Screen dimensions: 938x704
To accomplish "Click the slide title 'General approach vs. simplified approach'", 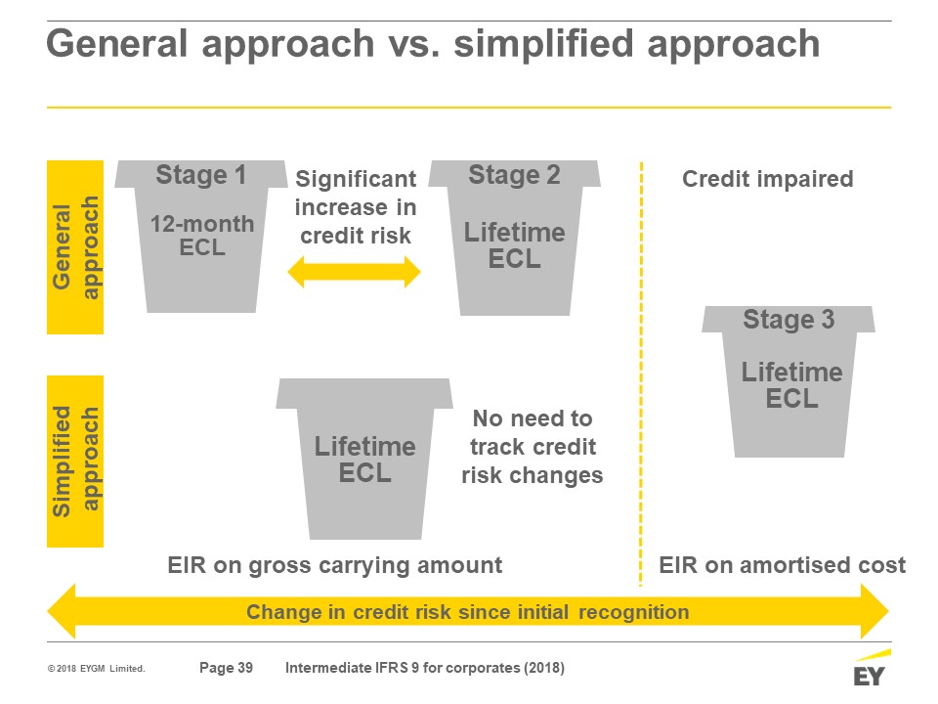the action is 433,44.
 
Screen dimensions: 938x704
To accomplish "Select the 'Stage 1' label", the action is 201,175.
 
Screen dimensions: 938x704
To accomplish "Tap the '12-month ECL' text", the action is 202,236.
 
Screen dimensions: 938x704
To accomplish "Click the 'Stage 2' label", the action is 515,175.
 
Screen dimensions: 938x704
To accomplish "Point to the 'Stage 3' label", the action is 789,319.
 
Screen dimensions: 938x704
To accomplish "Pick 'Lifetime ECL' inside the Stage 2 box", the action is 515,245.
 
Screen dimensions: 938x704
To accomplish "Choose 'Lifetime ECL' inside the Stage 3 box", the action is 792,385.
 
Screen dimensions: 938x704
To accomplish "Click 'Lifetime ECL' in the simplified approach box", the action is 364,460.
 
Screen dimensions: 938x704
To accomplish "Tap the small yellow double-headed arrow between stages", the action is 354,272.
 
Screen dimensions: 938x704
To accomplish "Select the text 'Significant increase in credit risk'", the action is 356,207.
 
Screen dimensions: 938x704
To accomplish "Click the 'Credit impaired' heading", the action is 768,178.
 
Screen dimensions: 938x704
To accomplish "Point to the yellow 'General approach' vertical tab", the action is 75,247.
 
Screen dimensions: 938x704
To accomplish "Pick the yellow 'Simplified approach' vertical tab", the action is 75,461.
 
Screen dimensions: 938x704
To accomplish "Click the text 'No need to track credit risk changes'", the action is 533,447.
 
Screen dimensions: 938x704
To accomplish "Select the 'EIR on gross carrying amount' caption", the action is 334,565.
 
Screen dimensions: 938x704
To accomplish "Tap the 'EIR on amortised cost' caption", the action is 782,565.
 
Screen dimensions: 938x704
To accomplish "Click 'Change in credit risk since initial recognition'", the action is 468,612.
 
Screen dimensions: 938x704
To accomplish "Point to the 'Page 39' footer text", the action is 226,668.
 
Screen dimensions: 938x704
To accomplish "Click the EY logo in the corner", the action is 871,668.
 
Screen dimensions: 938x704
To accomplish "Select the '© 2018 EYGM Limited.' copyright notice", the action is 97,668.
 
